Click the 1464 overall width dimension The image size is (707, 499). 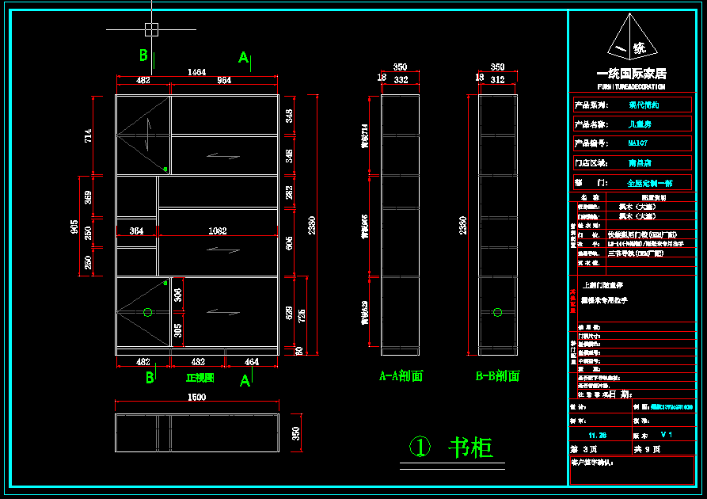pos(196,72)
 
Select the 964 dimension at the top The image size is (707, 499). pos(225,80)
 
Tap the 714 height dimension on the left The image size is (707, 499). pos(88,135)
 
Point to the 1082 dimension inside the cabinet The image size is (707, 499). pos(217,230)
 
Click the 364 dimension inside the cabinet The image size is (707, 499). pos(136,230)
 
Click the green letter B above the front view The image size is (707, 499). pos(144,55)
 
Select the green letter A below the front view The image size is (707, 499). pos(245,381)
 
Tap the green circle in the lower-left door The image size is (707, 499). pos(147,312)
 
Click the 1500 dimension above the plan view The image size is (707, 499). pos(196,397)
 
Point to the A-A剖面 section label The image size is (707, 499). pos(401,376)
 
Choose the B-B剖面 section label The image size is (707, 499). pos(497,376)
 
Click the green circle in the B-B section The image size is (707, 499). pos(497,312)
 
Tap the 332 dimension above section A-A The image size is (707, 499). pos(401,80)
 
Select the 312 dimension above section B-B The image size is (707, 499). pos(497,80)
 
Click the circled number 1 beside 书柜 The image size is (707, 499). pos(420,448)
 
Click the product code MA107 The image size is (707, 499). pos(637,143)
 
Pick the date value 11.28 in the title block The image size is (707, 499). pos(597,435)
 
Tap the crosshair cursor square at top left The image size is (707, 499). pos(151,29)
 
